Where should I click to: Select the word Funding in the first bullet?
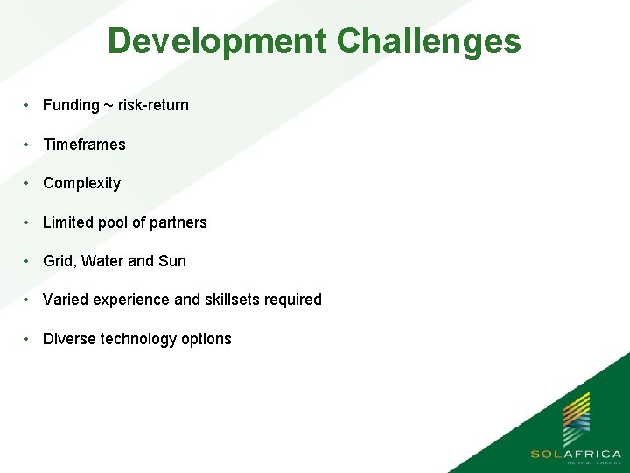71,105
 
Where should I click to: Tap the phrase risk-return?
154,105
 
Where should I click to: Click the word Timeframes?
84,145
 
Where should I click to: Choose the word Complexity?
81,183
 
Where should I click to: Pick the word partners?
178,222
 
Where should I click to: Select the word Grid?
59,261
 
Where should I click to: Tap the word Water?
103,261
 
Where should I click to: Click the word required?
295,300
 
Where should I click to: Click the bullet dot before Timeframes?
29,145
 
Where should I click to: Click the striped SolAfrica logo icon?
575,419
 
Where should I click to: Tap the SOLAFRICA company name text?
575,454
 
